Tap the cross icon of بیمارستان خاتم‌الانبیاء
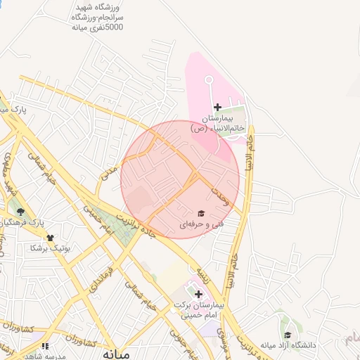tap(217, 107)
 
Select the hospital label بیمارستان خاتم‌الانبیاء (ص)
tap(217, 124)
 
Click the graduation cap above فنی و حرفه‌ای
tap(200, 214)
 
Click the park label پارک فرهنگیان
tap(28, 221)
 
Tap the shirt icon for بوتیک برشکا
tap(50, 237)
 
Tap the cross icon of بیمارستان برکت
tap(199, 294)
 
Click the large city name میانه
tap(116, 353)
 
